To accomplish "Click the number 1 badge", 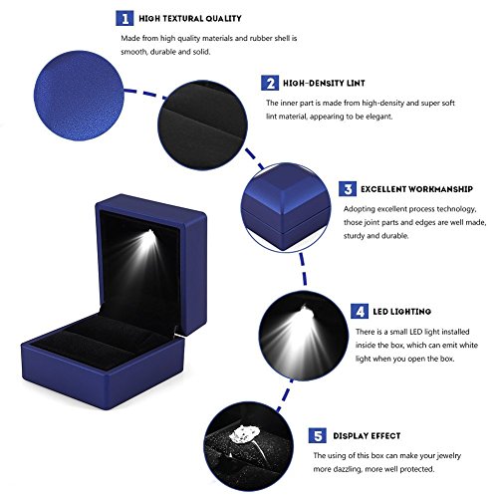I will [x=124, y=18].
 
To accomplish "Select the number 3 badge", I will [x=348, y=188].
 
